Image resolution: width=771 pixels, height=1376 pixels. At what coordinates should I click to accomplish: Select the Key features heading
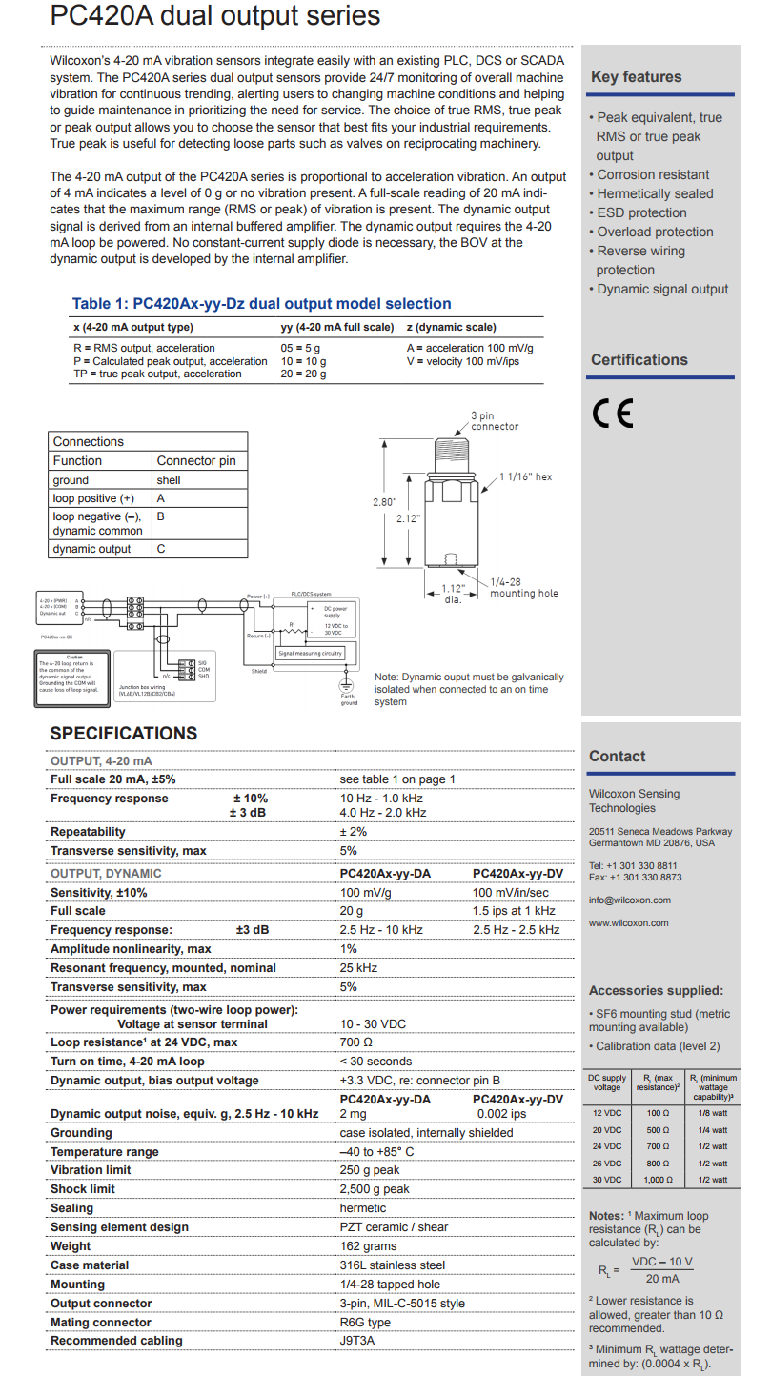636,77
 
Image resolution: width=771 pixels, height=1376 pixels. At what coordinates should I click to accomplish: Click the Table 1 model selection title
261,304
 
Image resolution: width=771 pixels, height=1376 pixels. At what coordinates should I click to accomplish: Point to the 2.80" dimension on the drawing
383,501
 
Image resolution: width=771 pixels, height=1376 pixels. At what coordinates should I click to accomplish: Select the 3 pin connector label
495,421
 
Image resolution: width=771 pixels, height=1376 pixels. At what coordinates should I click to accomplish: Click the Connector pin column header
195,461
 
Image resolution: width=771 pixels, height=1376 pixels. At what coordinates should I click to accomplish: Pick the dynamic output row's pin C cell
161,549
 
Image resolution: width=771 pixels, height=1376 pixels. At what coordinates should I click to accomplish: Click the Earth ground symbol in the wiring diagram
348,686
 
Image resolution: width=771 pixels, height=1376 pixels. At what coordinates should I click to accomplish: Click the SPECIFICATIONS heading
124,733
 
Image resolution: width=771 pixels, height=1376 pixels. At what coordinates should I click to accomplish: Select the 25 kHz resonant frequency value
358,968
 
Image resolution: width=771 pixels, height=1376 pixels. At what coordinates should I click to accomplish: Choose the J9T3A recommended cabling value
358,1341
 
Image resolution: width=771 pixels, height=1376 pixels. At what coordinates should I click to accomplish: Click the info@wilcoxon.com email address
629,900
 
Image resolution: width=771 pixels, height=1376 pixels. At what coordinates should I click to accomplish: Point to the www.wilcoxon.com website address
628,922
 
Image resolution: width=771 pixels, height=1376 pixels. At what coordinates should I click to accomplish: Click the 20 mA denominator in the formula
661,1278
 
